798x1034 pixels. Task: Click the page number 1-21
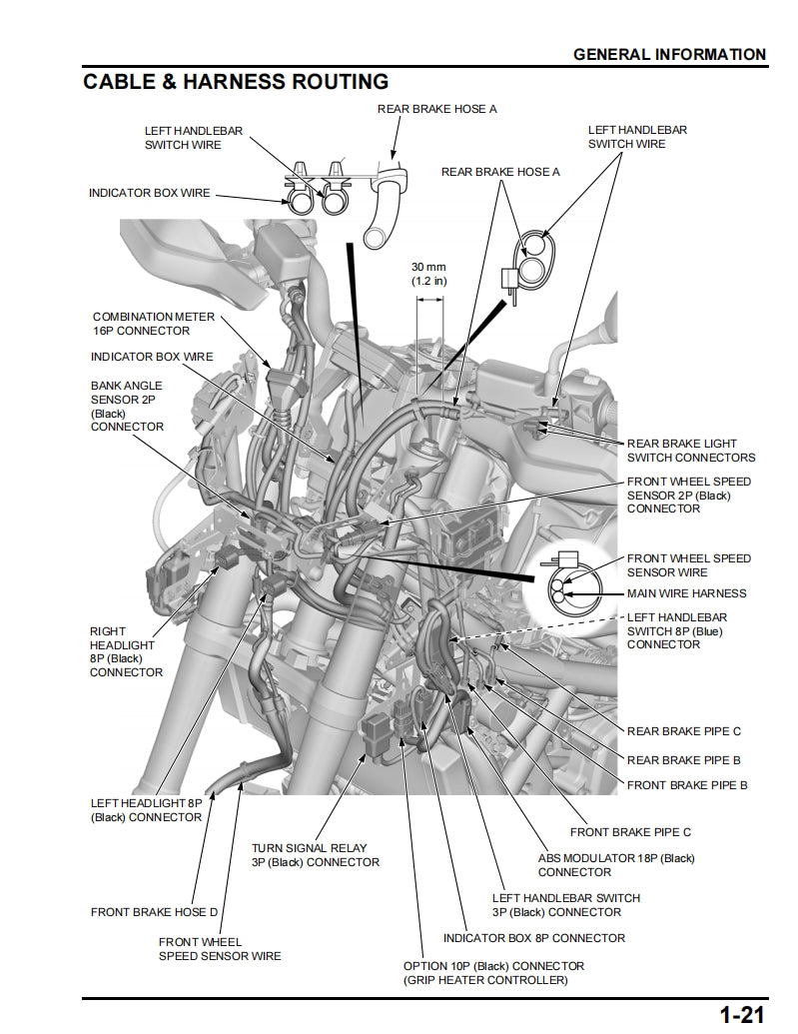click(x=742, y=1015)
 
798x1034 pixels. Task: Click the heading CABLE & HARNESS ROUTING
click(x=236, y=81)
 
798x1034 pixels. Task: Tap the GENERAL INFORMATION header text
click(x=669, y=54)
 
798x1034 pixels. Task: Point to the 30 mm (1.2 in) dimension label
click(x=428, y=274)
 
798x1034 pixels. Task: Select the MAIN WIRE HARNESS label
click(x=686, y=593)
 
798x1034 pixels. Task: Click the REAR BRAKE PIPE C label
click(x=684, y=731)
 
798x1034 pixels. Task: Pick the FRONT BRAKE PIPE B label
click(x=687, y=785)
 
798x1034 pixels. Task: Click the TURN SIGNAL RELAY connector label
click(x=315, y=855)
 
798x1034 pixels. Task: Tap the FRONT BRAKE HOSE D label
click(x=154, y=912)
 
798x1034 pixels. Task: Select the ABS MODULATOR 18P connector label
click(x=616, y=865)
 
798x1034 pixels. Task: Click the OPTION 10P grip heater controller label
click(x=493, y=974)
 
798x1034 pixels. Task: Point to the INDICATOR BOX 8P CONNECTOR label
click(x=534, y=938)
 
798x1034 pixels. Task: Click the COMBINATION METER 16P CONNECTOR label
click(x=153, y=324)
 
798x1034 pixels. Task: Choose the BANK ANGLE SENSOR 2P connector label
click(x=127, y=406)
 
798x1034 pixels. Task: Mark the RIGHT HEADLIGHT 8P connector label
click(x=126, y=651)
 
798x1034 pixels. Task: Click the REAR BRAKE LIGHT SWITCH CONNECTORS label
click(x=690, y=451)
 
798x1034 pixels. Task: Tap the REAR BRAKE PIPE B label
click(x=684, y=759)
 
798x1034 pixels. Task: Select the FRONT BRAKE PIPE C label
click(x=630, y=831)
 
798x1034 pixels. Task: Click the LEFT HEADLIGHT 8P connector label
click(x=146, y=809)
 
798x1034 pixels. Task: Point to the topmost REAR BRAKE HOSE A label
click(x=436, y=109)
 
